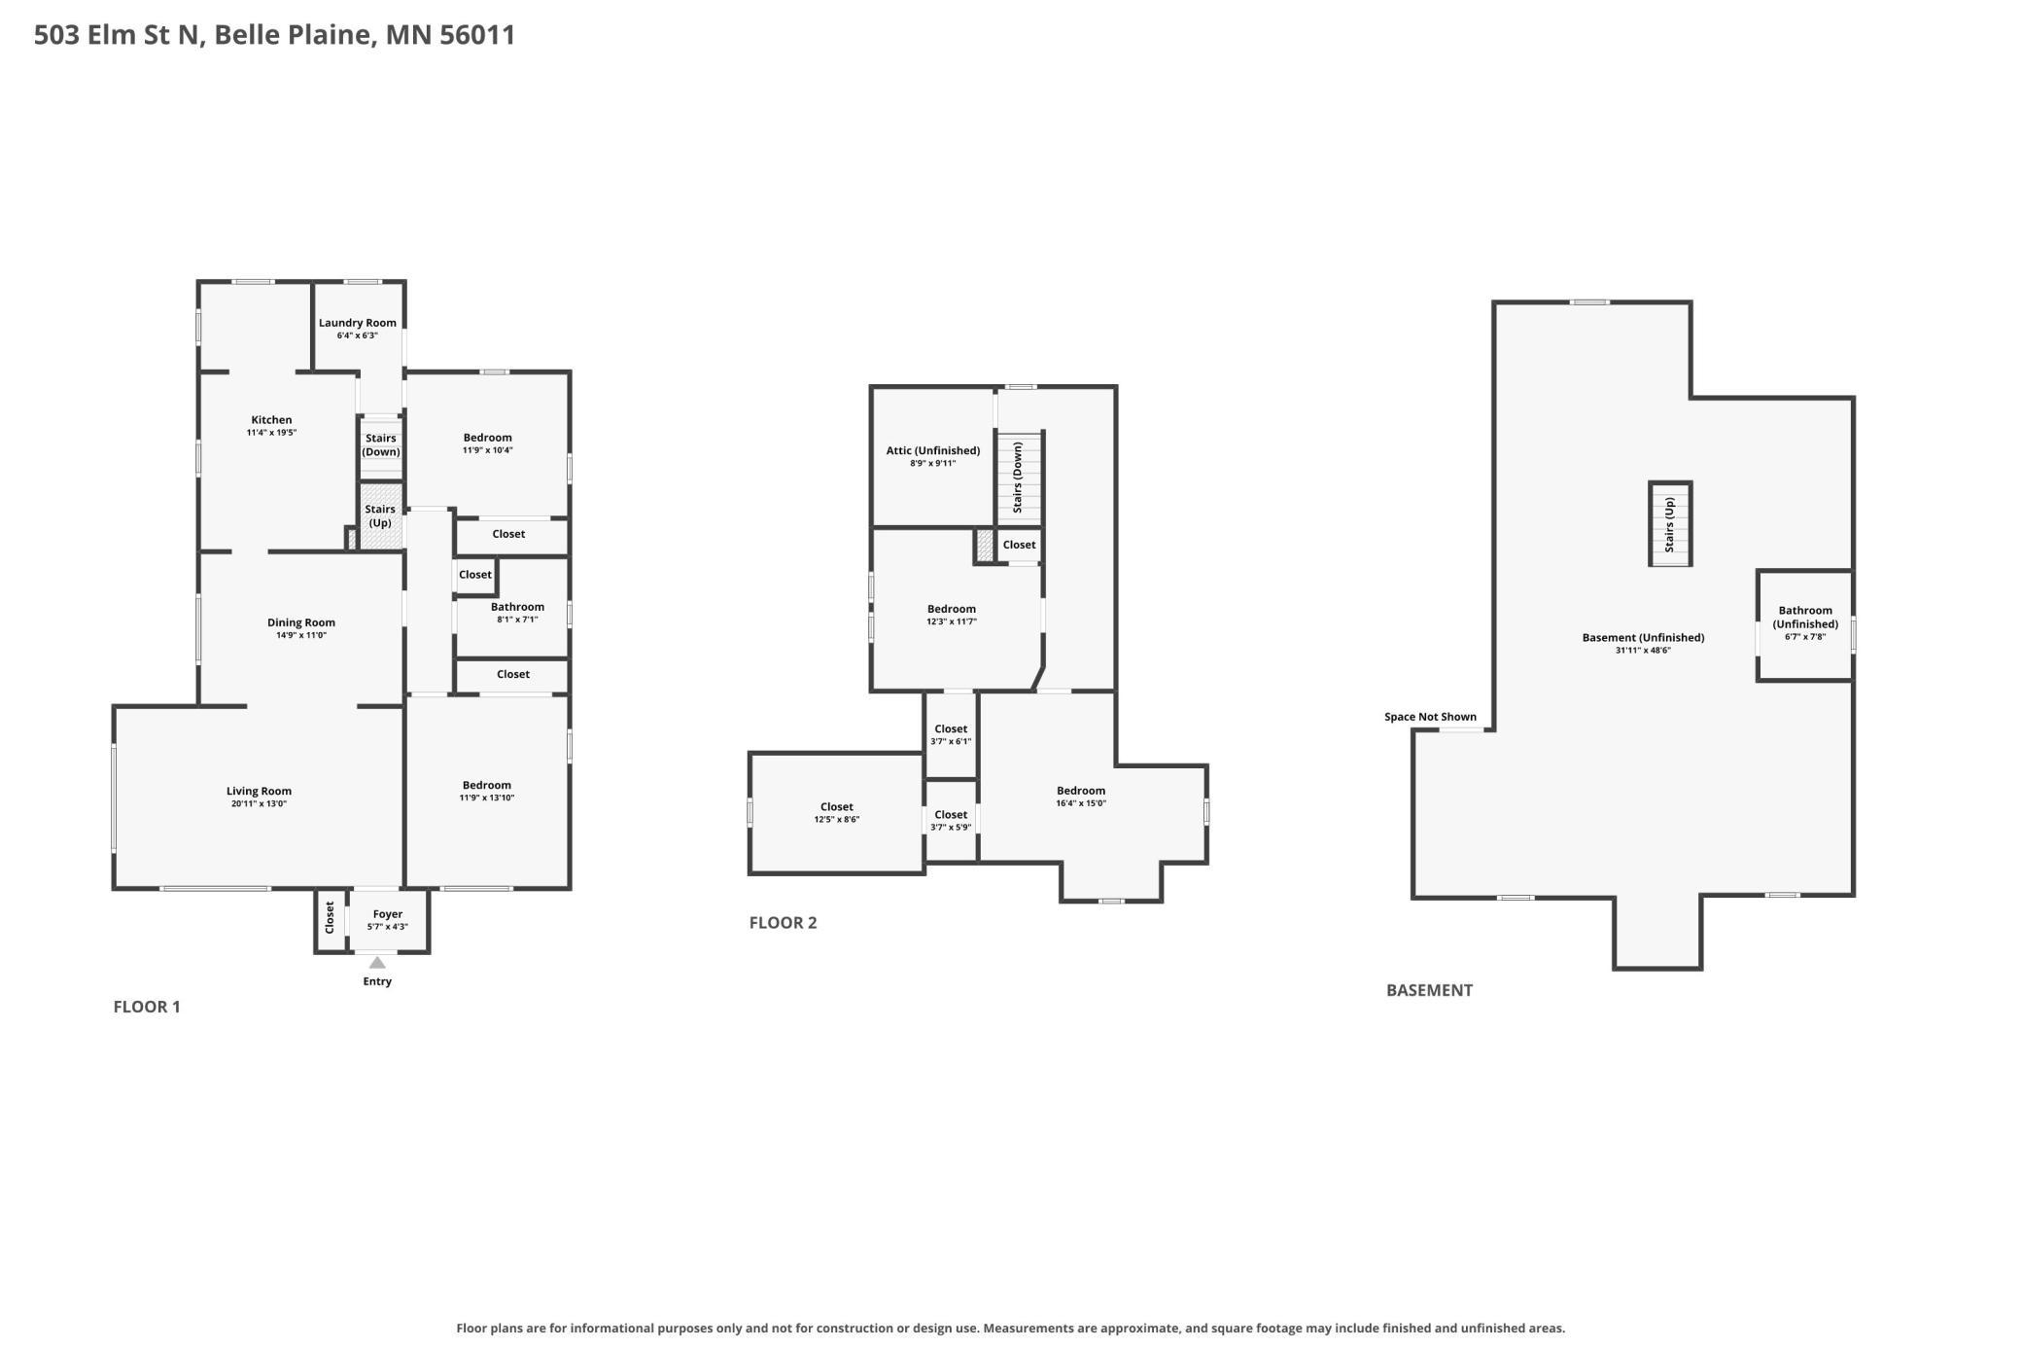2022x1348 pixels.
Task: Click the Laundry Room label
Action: (358, 323)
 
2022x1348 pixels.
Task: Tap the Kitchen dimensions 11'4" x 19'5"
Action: (271, 433)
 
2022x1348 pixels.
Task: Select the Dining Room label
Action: (301, 622)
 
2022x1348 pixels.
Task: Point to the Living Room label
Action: (260, 792)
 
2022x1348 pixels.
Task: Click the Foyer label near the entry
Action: (388, 914)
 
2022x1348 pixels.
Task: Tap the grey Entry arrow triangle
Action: (377, 963)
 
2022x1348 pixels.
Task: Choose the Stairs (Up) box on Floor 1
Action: (380, 516)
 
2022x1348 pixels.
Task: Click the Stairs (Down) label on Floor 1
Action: (381, 444)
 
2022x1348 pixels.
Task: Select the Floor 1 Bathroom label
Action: (517, 607)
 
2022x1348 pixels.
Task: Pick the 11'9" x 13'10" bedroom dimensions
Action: (487, 798)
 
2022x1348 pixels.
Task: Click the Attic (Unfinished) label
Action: (933, 451)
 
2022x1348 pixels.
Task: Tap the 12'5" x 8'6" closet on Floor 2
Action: (837, 813)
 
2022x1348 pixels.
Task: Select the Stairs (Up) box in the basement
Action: (1670, 524)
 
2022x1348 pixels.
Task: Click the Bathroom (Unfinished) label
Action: (1805, 618)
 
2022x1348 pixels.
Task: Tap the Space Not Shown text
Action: (1430, 717)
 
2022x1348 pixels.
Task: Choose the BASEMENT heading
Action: (1429, 990)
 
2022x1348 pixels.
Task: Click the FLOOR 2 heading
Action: (783, 923)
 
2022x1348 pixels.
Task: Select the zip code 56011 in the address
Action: (477, 35)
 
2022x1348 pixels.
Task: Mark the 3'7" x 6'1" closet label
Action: (951, 735)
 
